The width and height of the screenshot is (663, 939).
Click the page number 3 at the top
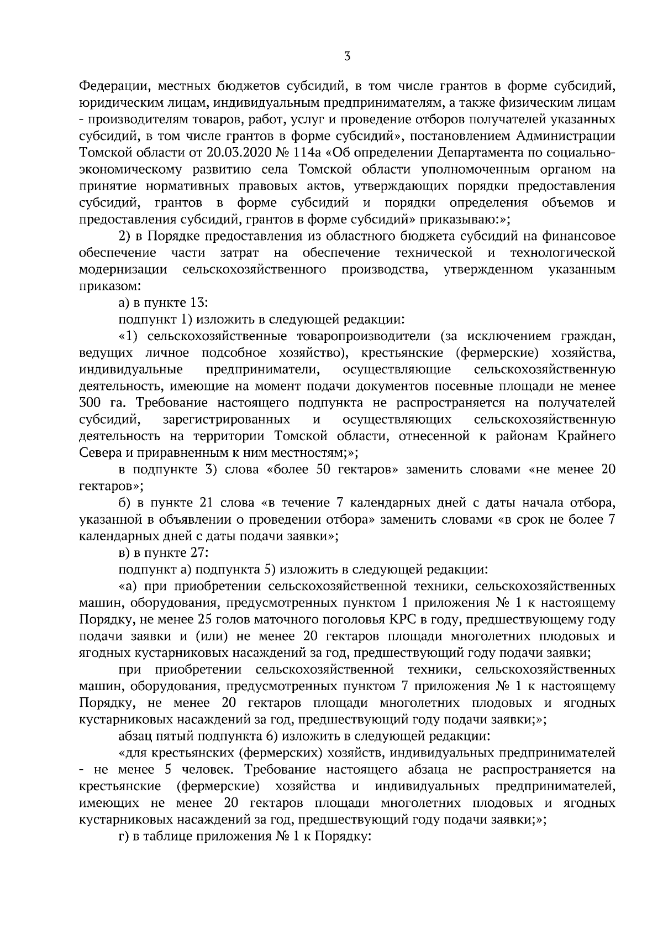point(346,55)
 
